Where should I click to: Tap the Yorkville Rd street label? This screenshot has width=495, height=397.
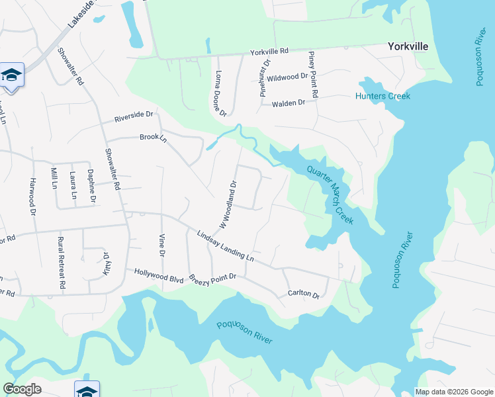click(269, 51)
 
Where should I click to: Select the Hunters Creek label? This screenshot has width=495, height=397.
click(382, 96)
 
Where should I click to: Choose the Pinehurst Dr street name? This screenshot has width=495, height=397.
click(267, 77)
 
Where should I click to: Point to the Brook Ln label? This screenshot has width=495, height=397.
click(152, 138)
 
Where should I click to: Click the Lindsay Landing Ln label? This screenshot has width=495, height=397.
click(225, 245)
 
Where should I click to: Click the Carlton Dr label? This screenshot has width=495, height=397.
click(303, 293)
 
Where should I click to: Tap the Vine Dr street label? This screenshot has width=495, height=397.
click(161, 245)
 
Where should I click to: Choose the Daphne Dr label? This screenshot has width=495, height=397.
click(92, 185)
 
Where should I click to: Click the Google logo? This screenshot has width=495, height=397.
click(22, 389)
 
